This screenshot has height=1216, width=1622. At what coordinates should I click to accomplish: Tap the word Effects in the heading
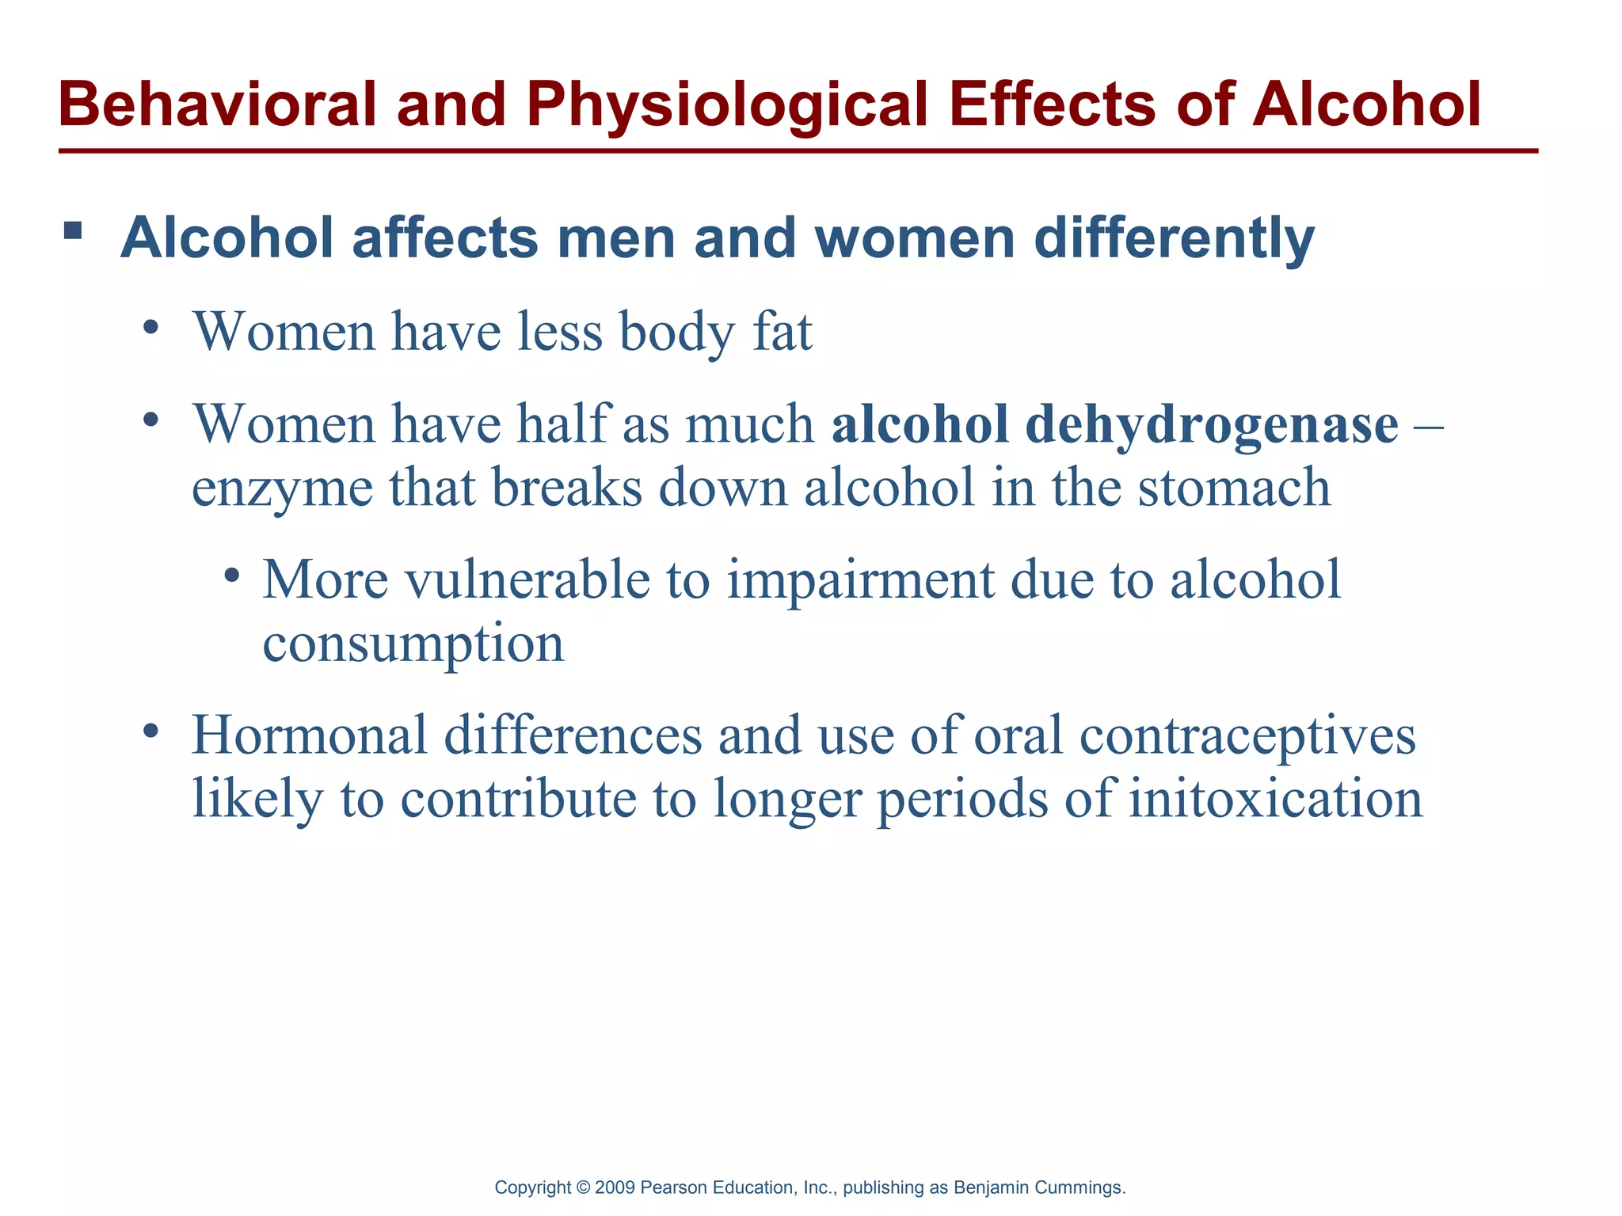pos(1053,104)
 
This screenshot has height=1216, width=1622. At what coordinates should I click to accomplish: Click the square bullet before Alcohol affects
pos(73,231)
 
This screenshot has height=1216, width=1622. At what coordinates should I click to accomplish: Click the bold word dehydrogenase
pos(1212,425)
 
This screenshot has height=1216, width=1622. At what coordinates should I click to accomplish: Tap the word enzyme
pos(282,488)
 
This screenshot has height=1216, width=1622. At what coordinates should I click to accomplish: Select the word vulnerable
pos(527,579)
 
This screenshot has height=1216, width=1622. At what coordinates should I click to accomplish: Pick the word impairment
pos(859,580)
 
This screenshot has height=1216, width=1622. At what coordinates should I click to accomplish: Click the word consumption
pos(413,643)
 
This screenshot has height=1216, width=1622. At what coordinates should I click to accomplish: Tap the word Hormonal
pos(310,735)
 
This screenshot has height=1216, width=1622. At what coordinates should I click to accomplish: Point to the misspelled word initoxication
pos(1276,798)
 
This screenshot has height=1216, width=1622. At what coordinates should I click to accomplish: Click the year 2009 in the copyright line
pos(614,1187)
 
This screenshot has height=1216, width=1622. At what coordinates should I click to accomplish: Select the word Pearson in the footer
pos(674,1187)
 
